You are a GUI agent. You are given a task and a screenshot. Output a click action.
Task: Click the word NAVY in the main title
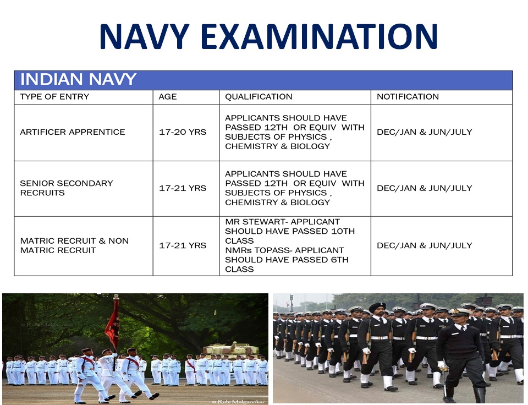(x=144, y=36)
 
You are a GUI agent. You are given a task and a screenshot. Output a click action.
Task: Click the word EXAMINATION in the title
(x=320, y=36)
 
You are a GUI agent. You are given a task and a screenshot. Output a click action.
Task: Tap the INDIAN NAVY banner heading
(x=78, y=79)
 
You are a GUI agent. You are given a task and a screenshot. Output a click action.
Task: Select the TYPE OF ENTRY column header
(x=54, y=97)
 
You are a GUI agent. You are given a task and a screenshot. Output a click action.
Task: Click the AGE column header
(x=167, y=97)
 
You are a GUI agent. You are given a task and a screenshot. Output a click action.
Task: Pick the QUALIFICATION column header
(x=258, y=97)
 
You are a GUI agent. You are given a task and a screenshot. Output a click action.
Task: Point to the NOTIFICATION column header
(x=408, y=97)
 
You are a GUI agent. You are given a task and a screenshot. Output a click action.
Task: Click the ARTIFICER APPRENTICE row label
(x=73, y=132)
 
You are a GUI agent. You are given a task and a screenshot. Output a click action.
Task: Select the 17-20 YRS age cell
(x=183, y=132)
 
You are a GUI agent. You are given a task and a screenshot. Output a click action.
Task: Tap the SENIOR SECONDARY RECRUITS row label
(x=67, y=188)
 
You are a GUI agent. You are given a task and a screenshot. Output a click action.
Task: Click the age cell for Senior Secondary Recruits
(x=183, y=188)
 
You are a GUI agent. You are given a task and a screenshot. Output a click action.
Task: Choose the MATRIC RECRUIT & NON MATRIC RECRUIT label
(x=74, y=245)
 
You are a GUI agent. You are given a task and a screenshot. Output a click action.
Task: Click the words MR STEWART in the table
(x=256, y=222)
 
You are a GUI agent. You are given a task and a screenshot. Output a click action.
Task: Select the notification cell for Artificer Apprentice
(x=424, y=132)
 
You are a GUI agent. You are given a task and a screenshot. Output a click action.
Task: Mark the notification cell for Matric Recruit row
(x=424, y=245)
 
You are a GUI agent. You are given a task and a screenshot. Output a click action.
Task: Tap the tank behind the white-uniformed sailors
(x=231, y=351)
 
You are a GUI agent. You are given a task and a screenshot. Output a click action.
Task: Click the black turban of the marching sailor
(x=377, y=307)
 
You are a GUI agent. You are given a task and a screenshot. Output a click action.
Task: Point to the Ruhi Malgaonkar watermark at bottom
(x=238, y=402)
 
